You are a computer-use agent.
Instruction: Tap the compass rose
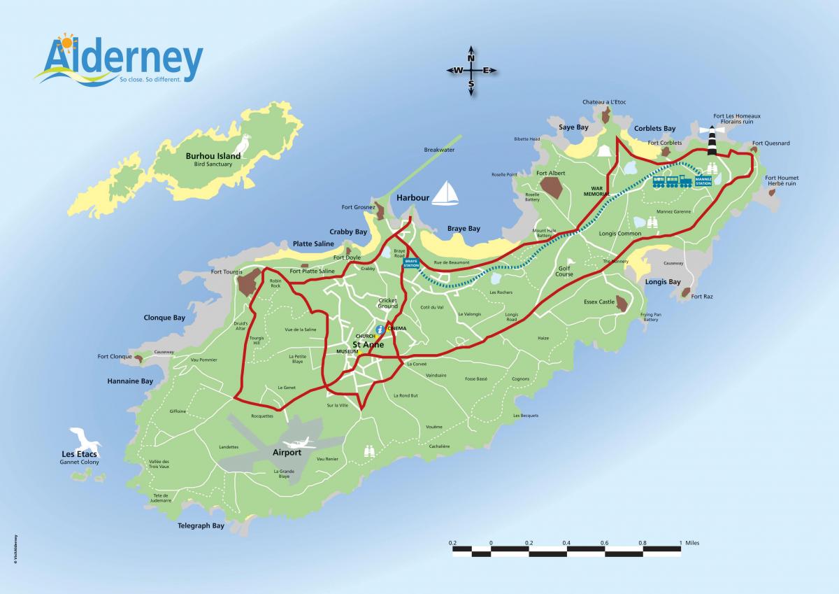coord(471,71)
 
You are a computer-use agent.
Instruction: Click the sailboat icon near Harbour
coord(444,194)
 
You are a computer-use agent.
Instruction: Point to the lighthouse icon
coord(713,141)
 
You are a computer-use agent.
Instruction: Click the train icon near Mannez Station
coord(672,182)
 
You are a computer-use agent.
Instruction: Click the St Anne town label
coord(368,344)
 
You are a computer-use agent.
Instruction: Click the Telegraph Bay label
coord(201,525)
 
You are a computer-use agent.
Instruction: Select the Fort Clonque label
coord(114,357)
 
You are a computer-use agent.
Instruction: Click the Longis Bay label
coord(663,282)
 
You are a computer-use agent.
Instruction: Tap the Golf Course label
coord(564,271)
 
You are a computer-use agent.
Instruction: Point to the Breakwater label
coord(439,150)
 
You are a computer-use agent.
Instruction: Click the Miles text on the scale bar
coord(692,542)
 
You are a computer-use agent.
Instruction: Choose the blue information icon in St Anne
coord(380,329)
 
